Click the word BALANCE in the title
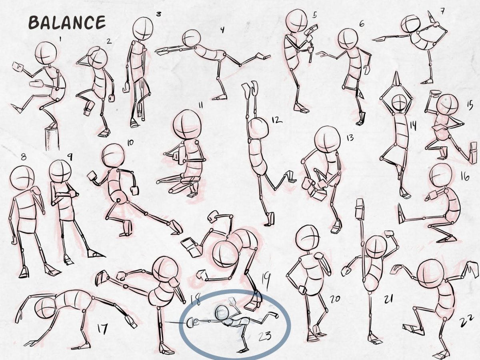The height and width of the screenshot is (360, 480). coord(67,22)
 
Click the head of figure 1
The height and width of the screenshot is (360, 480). coord(46,53)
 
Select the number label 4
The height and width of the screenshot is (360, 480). coord(222,30)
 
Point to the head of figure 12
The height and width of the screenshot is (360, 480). coord(258,128)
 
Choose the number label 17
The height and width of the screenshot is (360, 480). coord(102,329)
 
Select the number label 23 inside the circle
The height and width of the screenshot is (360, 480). coord(265,336)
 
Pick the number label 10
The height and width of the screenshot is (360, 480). coord(130,143)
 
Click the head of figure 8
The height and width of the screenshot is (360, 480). coord(22,178)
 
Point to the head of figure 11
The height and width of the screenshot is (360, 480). coord(187,124)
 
